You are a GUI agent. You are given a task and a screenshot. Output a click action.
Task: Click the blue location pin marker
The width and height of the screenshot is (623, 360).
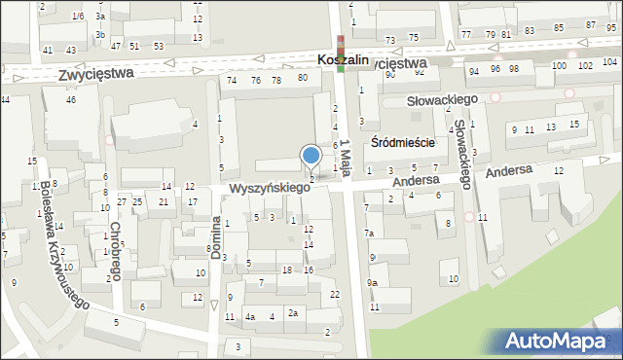point(311,157)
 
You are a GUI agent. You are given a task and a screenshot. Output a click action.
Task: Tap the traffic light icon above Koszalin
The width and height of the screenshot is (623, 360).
point(341,45)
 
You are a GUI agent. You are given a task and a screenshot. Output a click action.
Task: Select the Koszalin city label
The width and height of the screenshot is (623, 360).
point(343,60)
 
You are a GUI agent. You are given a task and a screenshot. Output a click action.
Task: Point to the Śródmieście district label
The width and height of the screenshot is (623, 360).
point(402,142)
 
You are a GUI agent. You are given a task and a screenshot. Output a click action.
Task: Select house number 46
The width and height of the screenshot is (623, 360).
point(71,100)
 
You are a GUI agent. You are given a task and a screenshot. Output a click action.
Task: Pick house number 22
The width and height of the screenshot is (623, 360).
point(335,295)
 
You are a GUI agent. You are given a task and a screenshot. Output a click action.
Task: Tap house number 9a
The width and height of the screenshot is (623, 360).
point(372,283)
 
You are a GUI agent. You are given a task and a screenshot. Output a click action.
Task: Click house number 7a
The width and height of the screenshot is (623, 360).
point(369,234)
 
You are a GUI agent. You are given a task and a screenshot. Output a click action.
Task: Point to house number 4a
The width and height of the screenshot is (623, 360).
point(250,317)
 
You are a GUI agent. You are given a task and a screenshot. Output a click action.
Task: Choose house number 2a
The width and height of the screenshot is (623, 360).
point(292,313)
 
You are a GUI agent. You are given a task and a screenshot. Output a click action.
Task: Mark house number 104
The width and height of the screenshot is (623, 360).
point(584,65)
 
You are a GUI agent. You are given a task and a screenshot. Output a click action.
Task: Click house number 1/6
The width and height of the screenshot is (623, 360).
point(78,17)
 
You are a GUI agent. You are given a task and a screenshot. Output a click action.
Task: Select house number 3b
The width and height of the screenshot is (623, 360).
point(100,35)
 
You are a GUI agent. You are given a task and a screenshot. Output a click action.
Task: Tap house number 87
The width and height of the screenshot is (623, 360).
point(590,24)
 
